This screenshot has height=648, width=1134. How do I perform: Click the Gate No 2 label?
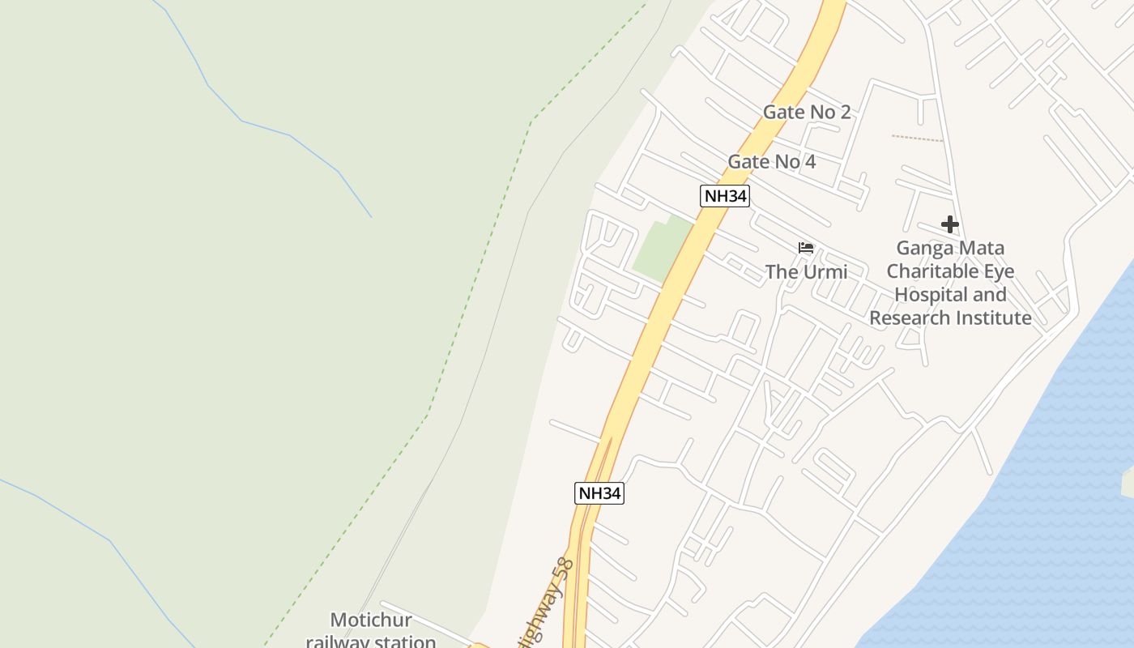(x=807, y=112)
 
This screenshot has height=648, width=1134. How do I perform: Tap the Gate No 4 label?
(x=771, y=162)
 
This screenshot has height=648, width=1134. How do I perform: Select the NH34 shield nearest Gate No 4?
(x=724, y=195)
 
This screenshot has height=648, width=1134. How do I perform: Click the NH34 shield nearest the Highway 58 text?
(x=599, y=492)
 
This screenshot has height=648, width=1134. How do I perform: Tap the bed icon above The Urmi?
(x=805, y=248)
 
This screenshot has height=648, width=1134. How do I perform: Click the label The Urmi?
(x=806, y=271)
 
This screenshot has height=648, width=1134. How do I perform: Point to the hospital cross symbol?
(x=949, y=224)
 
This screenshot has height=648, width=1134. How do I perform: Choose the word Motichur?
(x=371, y=620)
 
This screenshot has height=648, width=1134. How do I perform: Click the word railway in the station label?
(x=337, y=642)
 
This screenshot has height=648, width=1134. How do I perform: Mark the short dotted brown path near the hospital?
(x=917, y=139)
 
